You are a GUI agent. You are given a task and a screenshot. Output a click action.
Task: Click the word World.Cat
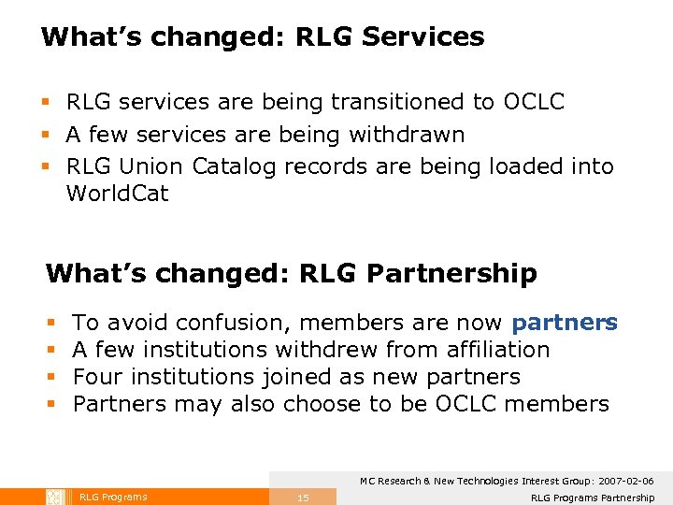(x=117, y=195)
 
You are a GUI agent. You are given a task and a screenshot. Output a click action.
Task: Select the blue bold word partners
(x=564, y=323)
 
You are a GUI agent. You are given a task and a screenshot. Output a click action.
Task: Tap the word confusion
(x=234, y=323)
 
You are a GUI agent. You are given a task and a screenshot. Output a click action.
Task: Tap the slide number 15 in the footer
(x=303, y=498)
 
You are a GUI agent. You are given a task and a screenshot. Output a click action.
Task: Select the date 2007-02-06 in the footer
(x=623, y=481)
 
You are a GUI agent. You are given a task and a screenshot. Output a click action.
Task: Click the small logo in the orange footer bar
(x=54, y=497)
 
